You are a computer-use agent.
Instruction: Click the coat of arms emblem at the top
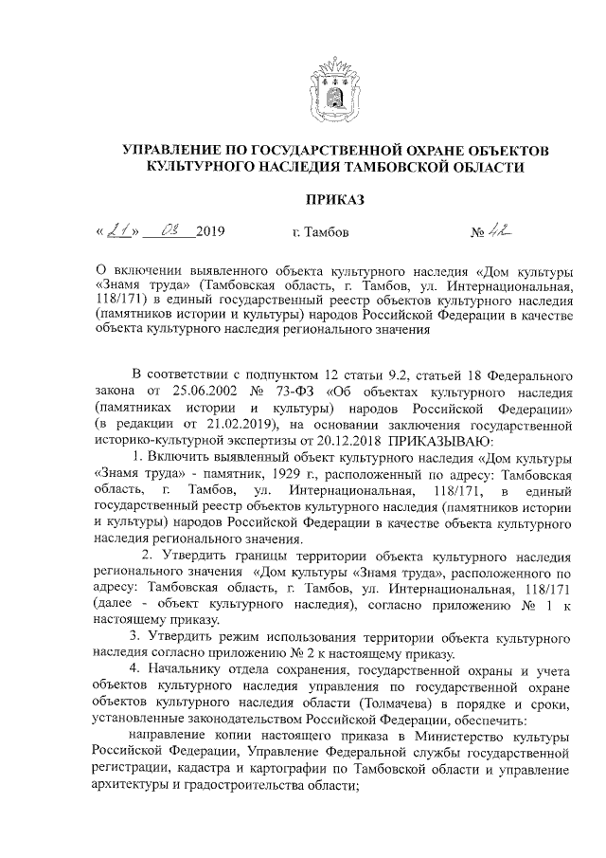(332, 89)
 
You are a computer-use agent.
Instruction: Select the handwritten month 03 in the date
(173, 230)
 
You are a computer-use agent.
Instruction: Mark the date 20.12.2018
(347, 440)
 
